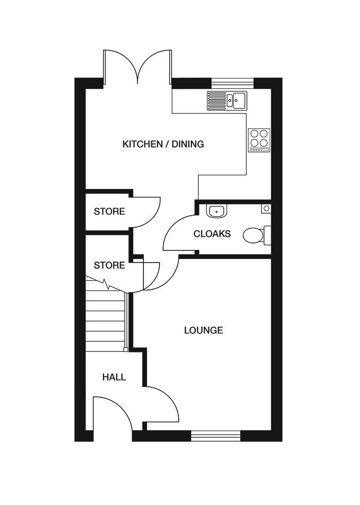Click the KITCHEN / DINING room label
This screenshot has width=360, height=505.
(163, 144)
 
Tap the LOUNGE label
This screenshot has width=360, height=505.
(203, 330)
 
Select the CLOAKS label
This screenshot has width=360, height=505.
(212, 234)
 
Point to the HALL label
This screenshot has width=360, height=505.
(114, 377)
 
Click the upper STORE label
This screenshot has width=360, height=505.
(109, 211)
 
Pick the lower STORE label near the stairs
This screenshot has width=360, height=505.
(109, 265)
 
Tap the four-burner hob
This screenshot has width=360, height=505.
(259, 140)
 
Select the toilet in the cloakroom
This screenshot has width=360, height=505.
(255, 235)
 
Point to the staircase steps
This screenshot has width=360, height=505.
(105, 321)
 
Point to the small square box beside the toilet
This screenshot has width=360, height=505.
(266, 208)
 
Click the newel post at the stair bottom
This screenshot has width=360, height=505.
(126, 349)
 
